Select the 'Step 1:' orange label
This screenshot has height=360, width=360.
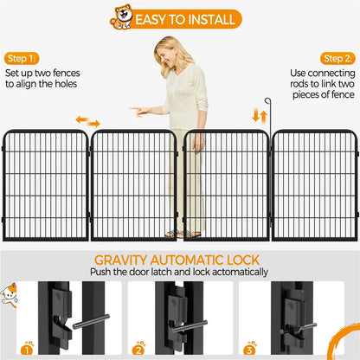[22, 58]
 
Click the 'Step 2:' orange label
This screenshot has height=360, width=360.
[338, 57]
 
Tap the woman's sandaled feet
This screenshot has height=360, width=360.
[178, 233]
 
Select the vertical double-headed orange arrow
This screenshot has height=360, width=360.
[255, 115]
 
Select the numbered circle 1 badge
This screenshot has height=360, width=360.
[29, 349]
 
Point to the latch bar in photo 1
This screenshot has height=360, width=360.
[80, 323]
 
